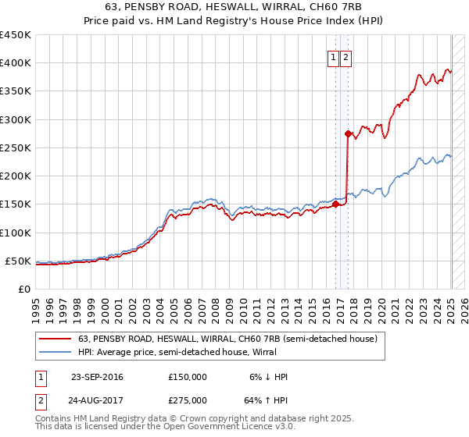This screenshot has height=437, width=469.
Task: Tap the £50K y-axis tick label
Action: [x=19, y=261]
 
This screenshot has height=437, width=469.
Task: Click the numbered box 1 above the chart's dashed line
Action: [x=333, y=57]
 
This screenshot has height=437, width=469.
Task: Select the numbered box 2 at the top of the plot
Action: [x=345, y=57]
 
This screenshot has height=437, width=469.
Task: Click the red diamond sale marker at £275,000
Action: [x=348, y=133]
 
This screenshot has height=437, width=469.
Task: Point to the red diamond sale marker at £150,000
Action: [x=336, y=204]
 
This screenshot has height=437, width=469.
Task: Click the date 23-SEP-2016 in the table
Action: [x=97, y=377]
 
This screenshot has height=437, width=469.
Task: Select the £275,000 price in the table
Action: [x=188, y=400]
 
